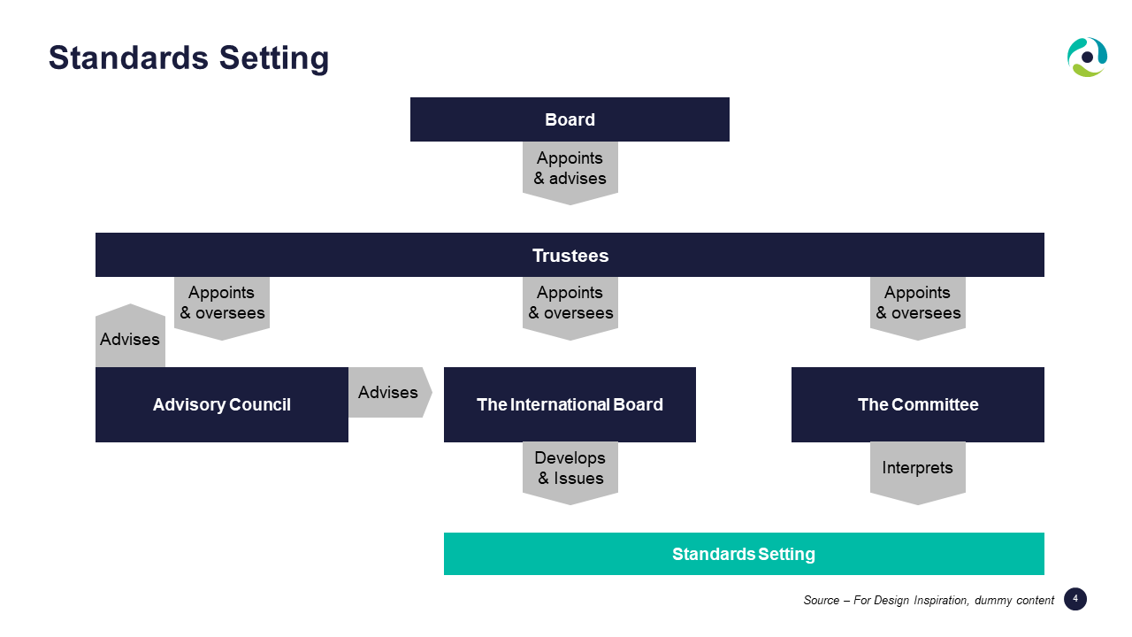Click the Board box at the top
pos(570,119)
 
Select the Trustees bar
pos(570,255)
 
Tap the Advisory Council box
pos(222,404)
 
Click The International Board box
pos(570,404)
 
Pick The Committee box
pos(918,404)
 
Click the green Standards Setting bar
pos(744,554)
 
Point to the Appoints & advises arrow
pos(570,173)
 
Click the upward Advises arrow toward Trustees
pos(130,335)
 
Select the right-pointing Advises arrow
pos(390,392)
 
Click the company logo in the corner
pos(1087,58)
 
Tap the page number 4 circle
pos(1075,599)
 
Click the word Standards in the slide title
pos(128,58)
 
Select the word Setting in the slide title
pos(274,58)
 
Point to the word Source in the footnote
pos(822,600)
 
